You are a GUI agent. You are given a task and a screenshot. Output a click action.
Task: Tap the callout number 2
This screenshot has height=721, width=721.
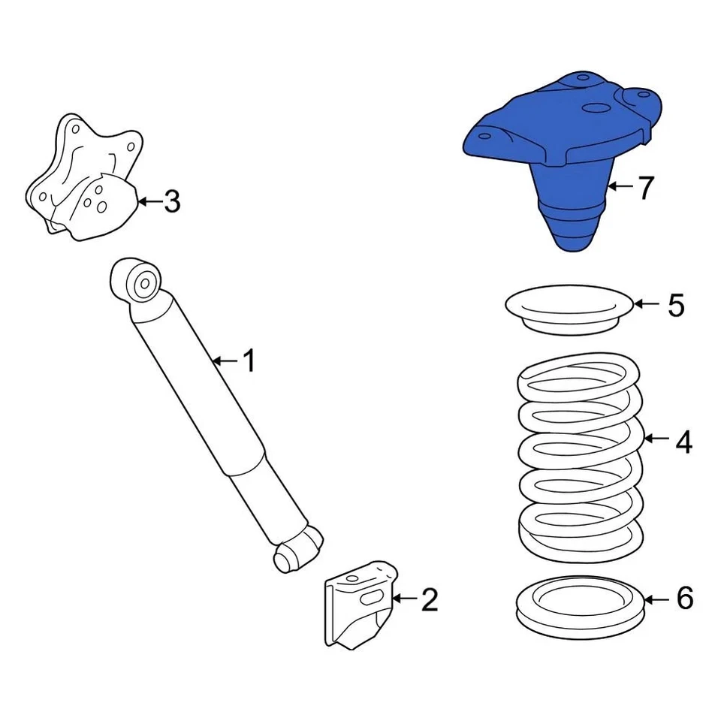[429, 599]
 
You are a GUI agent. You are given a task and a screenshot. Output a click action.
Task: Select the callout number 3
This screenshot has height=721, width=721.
[172, 201]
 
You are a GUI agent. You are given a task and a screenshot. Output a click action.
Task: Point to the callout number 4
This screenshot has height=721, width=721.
[683, 442]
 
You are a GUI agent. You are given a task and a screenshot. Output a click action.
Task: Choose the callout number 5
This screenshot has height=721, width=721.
[676, 305]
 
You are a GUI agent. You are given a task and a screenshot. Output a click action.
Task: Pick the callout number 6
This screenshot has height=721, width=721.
[683, 599]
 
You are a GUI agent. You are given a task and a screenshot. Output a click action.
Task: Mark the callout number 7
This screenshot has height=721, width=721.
[646, 188]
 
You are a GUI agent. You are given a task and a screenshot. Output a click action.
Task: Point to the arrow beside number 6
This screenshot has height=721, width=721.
[656, 599]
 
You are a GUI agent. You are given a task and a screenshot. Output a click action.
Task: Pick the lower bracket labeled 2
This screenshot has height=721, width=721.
[356, 608]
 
